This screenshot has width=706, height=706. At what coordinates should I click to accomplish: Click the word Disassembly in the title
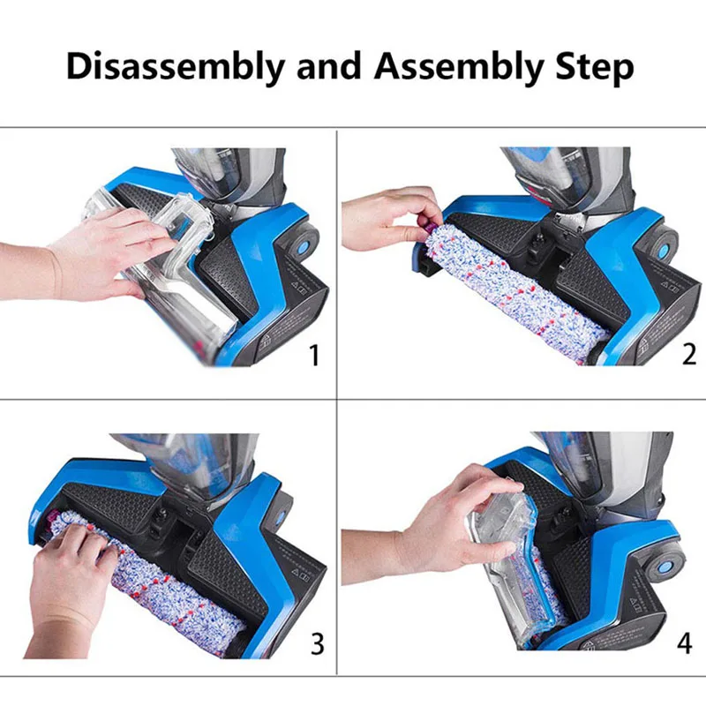175,68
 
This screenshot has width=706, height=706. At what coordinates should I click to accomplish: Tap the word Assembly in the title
459,68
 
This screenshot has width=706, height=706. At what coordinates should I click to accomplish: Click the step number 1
314,356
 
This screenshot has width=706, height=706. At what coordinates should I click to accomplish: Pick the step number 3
317,644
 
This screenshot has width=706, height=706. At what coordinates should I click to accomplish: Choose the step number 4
685,643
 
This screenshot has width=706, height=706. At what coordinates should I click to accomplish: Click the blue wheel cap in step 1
303,247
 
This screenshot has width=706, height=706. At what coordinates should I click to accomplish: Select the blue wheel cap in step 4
666,566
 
